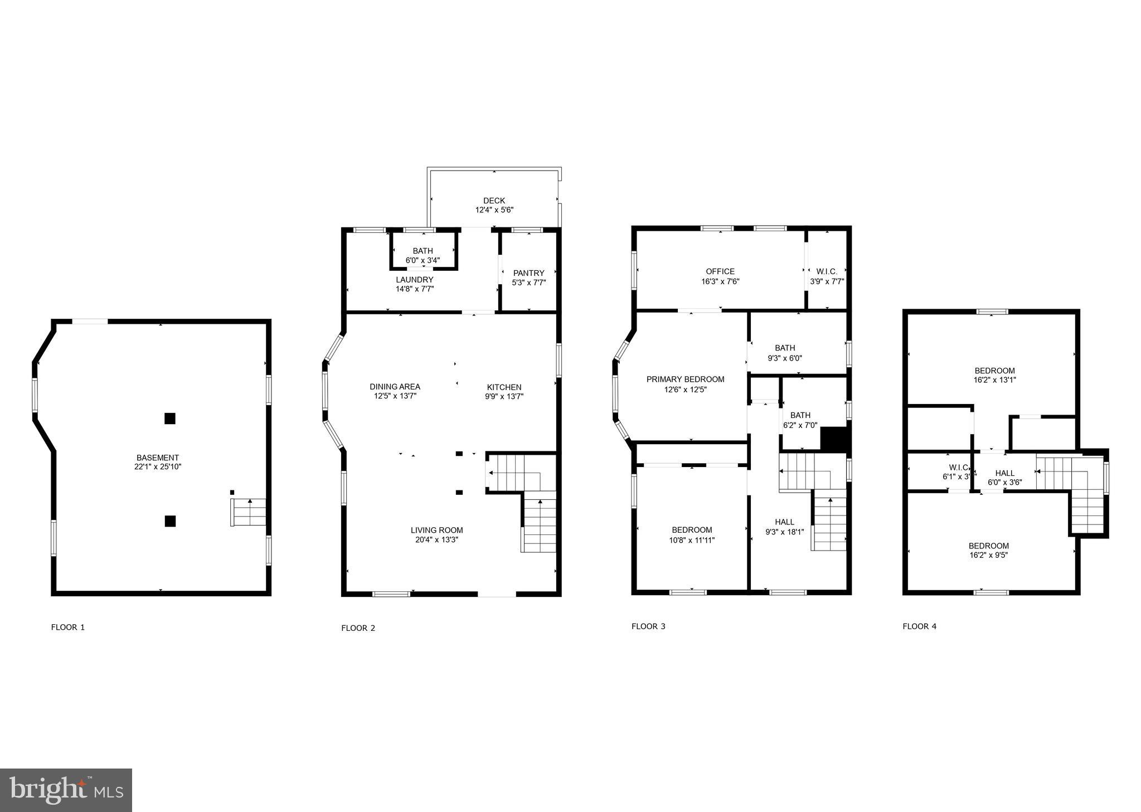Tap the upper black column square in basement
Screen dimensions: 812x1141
coord(170,419)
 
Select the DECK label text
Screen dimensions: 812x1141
coord(494,201)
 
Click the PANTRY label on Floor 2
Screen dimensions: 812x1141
coord(528,273)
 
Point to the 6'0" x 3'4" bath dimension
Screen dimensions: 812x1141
coord(423,260)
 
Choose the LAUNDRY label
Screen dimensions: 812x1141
coord(414,280)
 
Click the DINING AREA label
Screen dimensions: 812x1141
coord(395,387)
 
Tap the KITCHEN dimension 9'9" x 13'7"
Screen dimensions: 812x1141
coord(504,397)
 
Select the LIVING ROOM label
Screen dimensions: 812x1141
coord(436,530)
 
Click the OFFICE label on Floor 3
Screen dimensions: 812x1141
coord(720,271)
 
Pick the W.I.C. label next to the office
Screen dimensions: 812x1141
coord(827,271)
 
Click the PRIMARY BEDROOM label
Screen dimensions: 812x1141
coord(685,380)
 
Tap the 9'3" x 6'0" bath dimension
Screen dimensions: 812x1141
coord(785,358)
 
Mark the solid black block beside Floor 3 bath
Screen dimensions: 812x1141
coord(833,439)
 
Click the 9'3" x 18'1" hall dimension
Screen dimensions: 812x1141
coord(784,532)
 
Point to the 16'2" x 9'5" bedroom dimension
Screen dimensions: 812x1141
coord(988,555)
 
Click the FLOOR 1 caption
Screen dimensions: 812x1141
coord(68,627)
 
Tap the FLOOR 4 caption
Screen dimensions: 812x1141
coord(919,626)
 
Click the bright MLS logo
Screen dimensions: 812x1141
coord(66,790)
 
